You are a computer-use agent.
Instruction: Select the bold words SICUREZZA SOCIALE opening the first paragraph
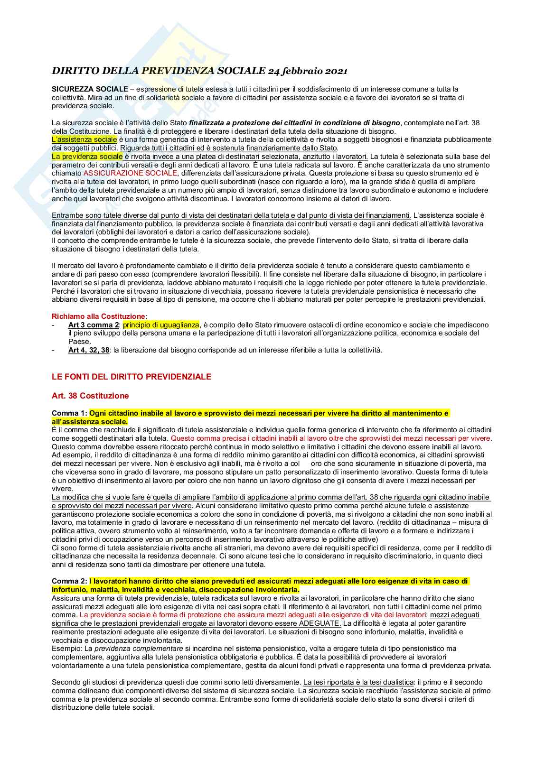pos(90,89)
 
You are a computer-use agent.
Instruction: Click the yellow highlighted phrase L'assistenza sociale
pos(84,139)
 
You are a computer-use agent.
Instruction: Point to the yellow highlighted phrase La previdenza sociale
pos(87,156)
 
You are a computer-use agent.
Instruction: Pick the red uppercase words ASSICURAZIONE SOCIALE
pos(130,173)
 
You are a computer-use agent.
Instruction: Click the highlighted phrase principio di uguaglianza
pos(161,325)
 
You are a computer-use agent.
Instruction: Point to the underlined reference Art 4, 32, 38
pos(89,350)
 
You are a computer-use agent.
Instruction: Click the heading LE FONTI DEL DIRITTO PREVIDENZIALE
pos(132,377)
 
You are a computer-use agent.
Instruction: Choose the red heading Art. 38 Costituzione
pos(90,396)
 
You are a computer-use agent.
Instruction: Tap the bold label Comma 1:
pos(69,413)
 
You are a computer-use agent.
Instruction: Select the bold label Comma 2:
pos(69,581)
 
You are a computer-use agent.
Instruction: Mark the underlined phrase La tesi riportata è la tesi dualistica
pos(359,682)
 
